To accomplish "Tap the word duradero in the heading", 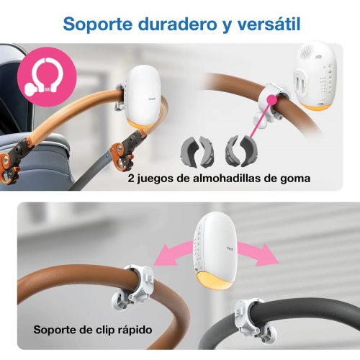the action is click(x=177, y=24).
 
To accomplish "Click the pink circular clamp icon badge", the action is click(x=47, y=76).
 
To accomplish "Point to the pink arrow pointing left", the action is click(x=174, y=253).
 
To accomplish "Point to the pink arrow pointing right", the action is click(x=258, y=253).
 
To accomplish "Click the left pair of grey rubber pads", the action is click(x=197, y=151).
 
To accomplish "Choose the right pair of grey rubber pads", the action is click(x=241, y=151).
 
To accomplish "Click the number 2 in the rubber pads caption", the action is click(x=131, y=179).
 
